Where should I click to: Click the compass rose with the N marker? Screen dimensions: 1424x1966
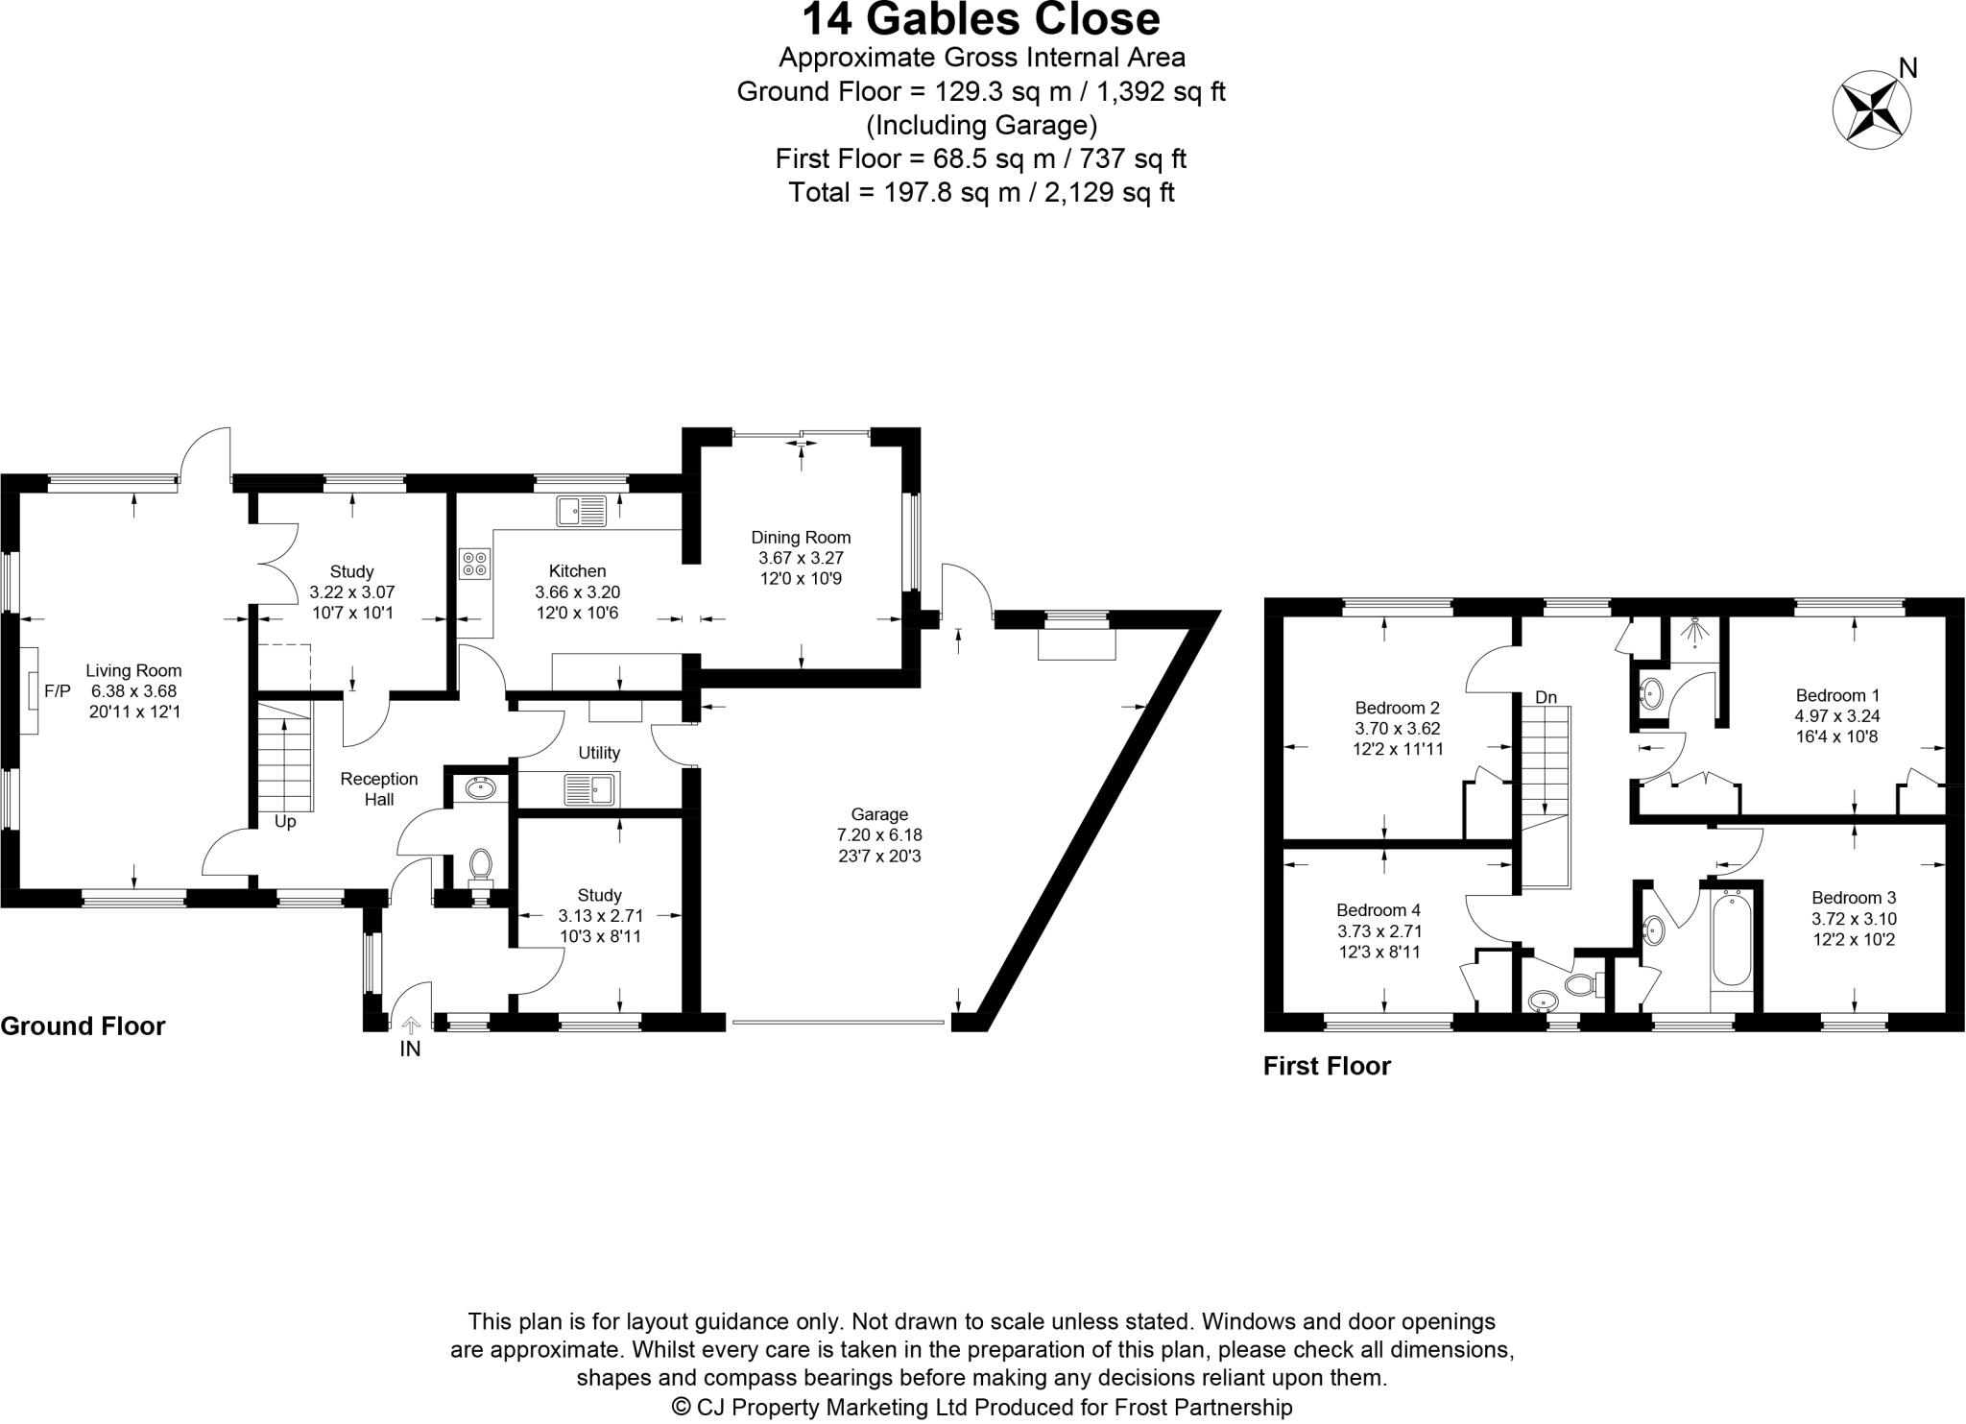tap(1871, 109)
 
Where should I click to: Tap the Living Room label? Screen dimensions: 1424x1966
tap(133, 671)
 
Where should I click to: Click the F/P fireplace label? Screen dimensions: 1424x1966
tap(58, 690)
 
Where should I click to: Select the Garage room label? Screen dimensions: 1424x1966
tap(878, 814)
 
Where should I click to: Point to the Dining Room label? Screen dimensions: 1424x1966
tap(801, 538)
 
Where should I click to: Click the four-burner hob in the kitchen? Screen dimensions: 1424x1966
tap(474, 563)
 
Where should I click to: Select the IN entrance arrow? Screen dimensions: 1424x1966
tap(411, 1027)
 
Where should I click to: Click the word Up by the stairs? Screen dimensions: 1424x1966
tap(285, 823)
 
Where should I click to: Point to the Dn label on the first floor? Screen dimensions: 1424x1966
tap(1546, 697)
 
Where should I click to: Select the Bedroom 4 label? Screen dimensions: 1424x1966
tap(1379, 910)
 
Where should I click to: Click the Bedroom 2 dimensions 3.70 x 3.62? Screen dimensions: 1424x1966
tap(1398, 729)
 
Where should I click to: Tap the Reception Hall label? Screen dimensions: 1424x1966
tap(379, 788)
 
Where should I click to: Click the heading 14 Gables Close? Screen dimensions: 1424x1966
tap(981, 19)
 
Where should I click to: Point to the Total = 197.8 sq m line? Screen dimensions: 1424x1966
tap(981, 193)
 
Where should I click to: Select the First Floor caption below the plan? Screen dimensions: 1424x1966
tap(1327, 1066)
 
